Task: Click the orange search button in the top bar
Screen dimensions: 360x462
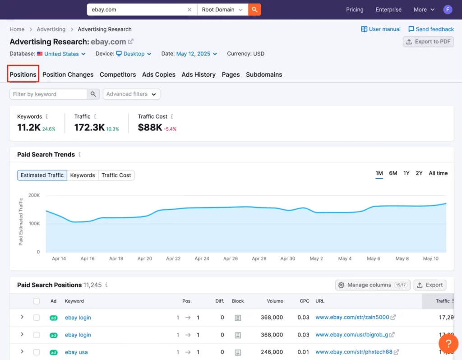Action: (254, 9)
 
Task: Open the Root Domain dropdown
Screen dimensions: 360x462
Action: (222, 9)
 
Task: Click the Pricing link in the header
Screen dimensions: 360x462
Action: (355, 9)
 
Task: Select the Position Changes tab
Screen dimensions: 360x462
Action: (68, 74)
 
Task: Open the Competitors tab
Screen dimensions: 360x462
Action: (118, 74)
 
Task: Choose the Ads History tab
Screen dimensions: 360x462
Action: (199, 74)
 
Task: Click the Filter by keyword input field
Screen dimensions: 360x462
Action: (49, 94)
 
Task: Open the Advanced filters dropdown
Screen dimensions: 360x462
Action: (131, 94)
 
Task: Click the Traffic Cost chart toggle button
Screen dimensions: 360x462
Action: (116, 175)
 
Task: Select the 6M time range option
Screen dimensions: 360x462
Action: (393, 173)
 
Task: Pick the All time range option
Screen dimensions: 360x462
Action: (438, 173)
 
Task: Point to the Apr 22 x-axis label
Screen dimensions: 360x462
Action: (173, 258)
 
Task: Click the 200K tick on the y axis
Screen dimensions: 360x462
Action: (34, 195)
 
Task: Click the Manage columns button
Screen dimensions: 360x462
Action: (373, 285)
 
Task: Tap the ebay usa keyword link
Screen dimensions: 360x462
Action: (76, 352)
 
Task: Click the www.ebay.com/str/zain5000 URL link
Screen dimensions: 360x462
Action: (352, 317)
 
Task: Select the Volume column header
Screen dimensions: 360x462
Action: (275, 301)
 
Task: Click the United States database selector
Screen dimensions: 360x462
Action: (61, 54)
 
